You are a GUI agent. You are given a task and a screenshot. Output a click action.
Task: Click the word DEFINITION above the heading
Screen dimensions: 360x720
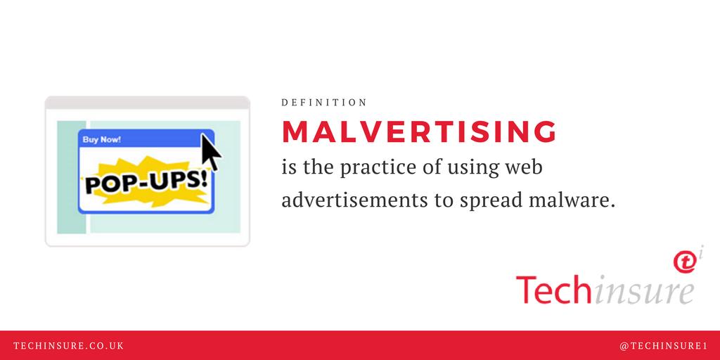coord(324,103)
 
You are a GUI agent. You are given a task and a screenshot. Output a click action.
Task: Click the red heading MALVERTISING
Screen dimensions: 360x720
coord(419,132)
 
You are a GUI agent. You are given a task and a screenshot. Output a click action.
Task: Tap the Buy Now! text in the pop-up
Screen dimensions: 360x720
coord(101,139)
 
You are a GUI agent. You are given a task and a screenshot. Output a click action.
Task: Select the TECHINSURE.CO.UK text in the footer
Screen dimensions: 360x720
coord(69,346)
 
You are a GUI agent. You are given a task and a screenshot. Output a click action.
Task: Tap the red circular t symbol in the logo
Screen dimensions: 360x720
coord(684,262)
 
